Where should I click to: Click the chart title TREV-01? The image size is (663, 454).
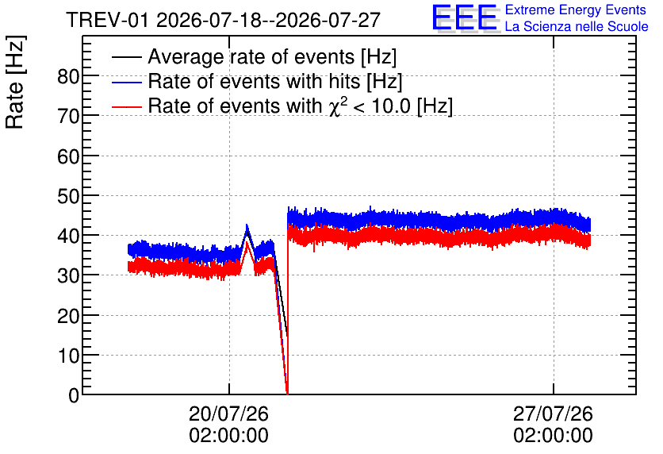pos(107,20)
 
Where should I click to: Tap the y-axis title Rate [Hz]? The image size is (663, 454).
pos(15,82)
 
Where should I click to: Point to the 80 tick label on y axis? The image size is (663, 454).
pos(68,76)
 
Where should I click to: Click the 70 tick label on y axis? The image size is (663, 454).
pos(68,116)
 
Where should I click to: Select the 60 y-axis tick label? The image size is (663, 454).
pos(68,156)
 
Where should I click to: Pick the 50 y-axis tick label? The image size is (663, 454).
pos(68,196)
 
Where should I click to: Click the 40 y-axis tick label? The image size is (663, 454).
pos(68,236)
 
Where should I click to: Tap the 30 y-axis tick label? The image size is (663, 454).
pos(68,276)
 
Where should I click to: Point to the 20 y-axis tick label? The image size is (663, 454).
pos(68,316)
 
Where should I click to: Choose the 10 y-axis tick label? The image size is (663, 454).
pos(68,356)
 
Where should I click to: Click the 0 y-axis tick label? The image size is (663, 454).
pos(74,395)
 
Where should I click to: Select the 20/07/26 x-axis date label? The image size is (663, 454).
pos(228,414)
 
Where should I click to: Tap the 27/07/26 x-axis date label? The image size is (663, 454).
pos(553,414)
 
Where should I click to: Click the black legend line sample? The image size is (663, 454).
pos(126,57)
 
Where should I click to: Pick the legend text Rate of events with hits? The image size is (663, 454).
pos(254,81)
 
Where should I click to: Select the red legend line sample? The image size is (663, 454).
pos(126,106)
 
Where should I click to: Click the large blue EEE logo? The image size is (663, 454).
pos(465,17)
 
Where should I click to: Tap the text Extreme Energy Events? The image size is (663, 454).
pos(576,10)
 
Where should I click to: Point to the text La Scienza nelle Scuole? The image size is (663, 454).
pos(577,26)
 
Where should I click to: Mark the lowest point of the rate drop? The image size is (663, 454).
pos(288,394)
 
